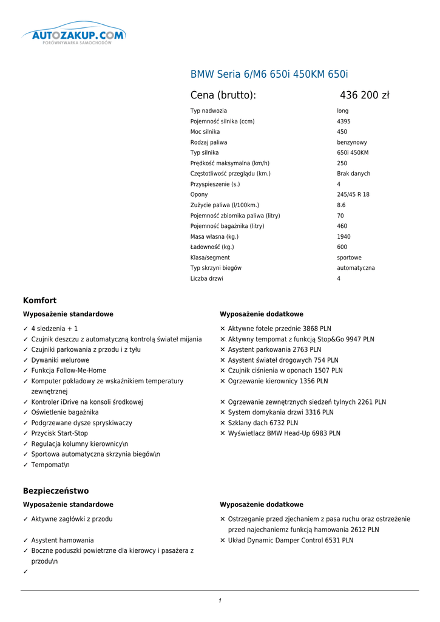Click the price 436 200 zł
point(364,95)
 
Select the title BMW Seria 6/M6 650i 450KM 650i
point(269,75)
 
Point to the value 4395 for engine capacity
point(344,121)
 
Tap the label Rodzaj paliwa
point(209,142)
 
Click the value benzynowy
point(352,142)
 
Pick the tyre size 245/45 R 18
point(353,195)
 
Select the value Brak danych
point(353,174)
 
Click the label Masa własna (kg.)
point(214,237)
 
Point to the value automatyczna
point(356,268)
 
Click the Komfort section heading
point(40,301)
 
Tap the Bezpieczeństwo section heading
point(56,491)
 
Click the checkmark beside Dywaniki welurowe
point(25,360)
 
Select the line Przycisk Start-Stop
point(59,434)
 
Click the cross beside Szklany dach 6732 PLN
point(223,423)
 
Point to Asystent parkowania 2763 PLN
point(274,350)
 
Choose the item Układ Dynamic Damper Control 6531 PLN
point(290,541)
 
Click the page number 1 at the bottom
point(220,601)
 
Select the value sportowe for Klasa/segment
point(349,258)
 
